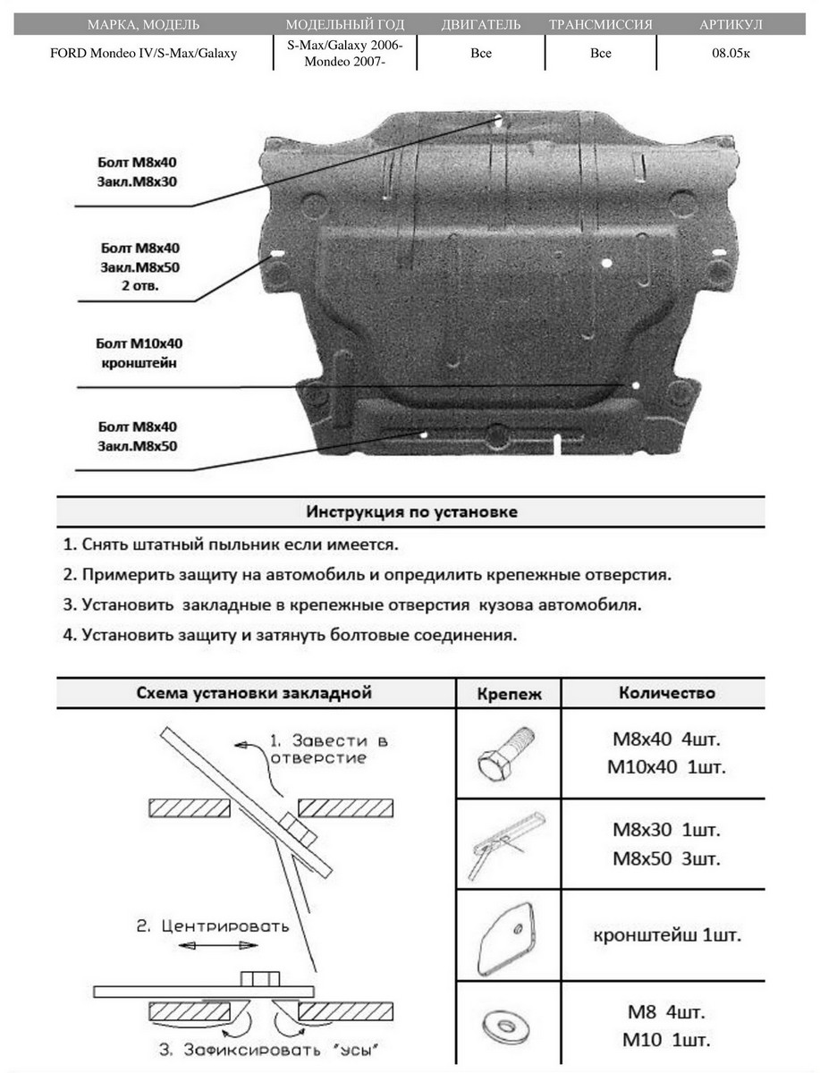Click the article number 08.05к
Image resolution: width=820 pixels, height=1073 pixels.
point(731,54)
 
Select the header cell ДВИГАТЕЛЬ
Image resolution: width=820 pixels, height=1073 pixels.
point(480,24)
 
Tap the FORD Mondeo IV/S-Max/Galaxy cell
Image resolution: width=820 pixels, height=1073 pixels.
point(143,54)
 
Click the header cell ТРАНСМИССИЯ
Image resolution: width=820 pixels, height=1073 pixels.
point(600,24)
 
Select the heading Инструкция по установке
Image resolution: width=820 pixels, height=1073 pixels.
point(411,512)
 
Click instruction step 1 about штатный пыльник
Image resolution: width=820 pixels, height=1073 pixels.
point(231,545)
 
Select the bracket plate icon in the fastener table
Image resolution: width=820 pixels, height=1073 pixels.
point(506,935)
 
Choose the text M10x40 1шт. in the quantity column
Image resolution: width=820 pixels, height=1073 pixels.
point(666,767)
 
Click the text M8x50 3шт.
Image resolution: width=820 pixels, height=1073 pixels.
point(666,858)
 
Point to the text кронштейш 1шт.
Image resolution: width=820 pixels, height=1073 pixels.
point(666,936)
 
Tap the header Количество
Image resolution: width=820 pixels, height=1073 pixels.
point(666,693)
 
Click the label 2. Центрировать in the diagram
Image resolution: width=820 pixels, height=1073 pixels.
point(213,926)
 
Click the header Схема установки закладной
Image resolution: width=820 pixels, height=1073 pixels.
point(254,693)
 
